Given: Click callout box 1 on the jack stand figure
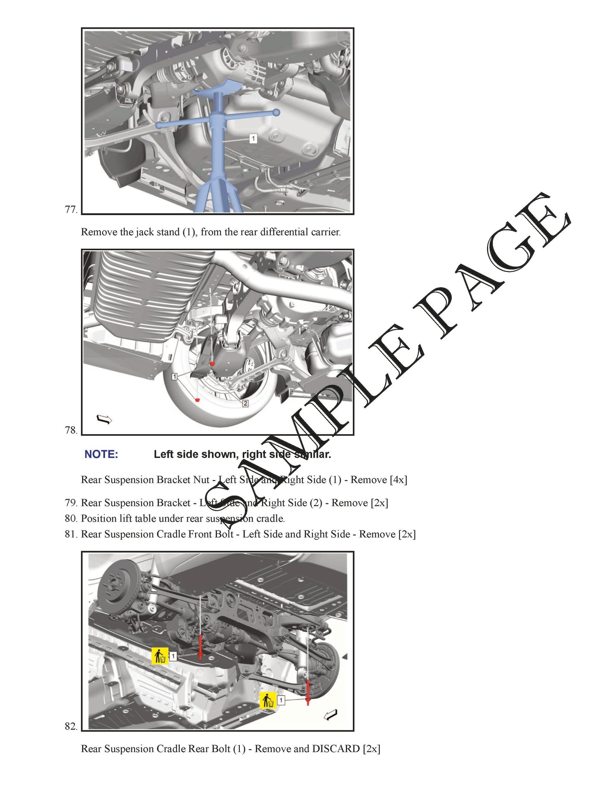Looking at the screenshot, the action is coord(253,139).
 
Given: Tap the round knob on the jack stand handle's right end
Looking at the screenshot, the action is coord(276,112).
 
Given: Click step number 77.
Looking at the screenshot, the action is coord(71,209).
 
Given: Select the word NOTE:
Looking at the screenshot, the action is coord(101,454).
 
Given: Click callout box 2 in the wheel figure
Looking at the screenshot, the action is coord(245,403).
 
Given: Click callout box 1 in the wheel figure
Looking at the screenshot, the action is coord(175,376).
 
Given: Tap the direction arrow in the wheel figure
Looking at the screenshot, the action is coord(104,419).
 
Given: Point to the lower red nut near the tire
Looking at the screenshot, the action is coord(198,399).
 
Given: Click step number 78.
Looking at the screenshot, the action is coord(71,430).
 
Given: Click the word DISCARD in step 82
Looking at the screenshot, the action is coord(336,749).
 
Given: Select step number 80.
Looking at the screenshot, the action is coord(71,518).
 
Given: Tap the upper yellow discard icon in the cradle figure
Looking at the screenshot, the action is coord(160,656).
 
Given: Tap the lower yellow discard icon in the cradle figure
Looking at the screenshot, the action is coord(268,700).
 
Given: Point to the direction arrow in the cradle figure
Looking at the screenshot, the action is coord(331,715).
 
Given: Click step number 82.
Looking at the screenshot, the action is coord(71,726).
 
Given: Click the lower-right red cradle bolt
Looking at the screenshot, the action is coord(308,692).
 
